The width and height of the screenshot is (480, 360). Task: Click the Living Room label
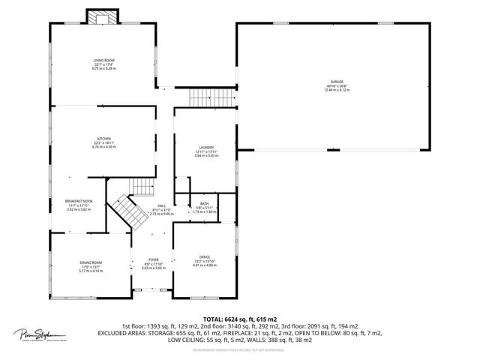(x=103, y=59)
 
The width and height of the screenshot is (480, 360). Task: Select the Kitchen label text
(x=103, y=139)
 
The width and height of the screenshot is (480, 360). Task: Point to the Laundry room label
(x=206, y=148)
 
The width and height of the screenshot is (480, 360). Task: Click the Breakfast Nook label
(x=79, y=201)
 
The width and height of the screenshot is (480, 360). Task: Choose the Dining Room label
(x=91, y=262)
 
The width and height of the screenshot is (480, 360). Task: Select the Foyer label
(x=153, y=259)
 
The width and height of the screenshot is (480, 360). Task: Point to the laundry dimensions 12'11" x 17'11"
(x=206, y=152)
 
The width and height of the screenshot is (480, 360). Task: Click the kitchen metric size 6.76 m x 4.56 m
(x=103, y=147)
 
